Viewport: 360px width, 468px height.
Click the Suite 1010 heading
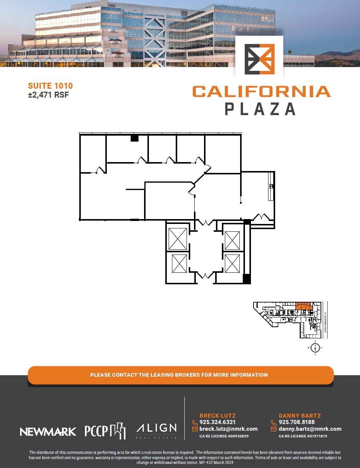tap(50, 86)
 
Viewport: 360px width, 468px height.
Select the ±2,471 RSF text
tap(48, 95)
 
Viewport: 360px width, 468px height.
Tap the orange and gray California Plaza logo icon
tap(259, 59)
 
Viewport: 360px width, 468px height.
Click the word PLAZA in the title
tap(260, 109)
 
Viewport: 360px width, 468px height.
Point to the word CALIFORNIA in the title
tap(261, 92)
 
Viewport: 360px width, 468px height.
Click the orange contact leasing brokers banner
tap(181, 375)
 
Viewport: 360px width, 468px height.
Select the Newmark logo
tap(48, 431)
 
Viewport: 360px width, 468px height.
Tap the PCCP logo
tap(105, 431)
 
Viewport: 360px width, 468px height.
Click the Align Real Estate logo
tap(156, 430)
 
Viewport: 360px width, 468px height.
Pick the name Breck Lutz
tap(217, 415)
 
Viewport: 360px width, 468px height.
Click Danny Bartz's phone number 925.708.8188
tap(297, 422)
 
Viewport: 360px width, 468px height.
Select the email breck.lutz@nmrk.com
tap(229, 429)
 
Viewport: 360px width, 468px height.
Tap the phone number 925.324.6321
tap(217, 422)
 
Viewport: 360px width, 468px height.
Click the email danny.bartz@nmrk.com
tap(310, 429)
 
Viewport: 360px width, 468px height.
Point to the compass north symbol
tap(315, 348)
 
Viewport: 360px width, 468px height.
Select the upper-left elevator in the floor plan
tap(178, 239)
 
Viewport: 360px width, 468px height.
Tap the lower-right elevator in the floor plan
tap(232, 263)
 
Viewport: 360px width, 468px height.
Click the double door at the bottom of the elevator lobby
tap(205, 276)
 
